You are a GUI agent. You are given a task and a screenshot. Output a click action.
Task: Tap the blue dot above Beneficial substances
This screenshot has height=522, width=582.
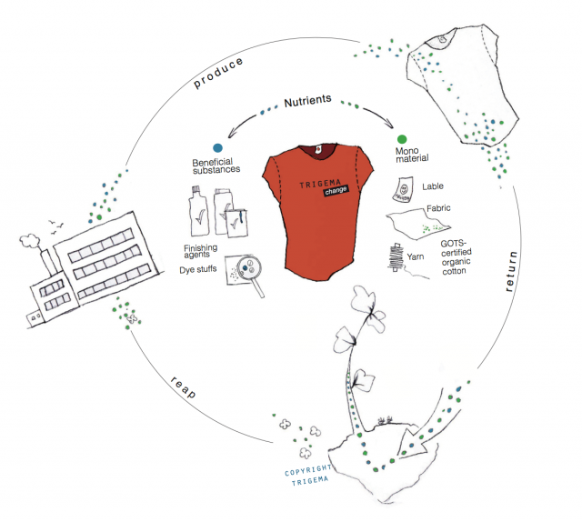point(217,147)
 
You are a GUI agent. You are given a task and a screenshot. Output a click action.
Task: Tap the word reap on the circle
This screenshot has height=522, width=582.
point(184,383)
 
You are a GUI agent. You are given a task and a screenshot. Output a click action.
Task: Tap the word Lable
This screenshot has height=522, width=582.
point(433,187)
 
